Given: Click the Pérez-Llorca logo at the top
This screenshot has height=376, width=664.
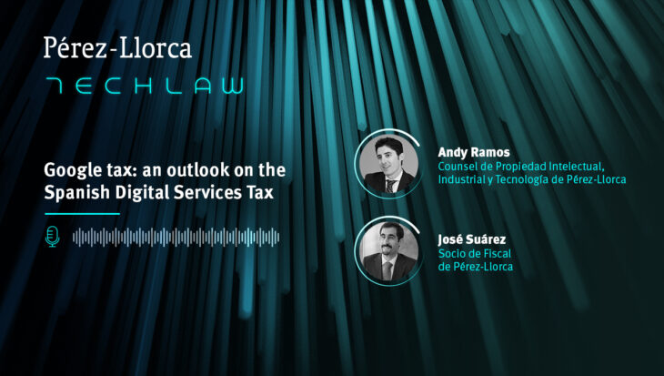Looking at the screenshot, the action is (x=117, y=48).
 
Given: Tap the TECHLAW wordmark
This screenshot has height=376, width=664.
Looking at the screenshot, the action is (x=145, y=86).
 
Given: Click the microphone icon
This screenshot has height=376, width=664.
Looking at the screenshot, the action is (x=52, y=237).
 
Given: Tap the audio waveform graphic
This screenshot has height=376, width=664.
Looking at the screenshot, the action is (x=176, y=237).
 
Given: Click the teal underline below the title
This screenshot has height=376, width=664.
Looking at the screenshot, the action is (x=82, y=214).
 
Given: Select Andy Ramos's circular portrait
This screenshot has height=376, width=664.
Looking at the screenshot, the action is (x=388, y=163).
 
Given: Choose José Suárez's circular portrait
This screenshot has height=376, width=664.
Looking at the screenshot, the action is (x=388, y=251).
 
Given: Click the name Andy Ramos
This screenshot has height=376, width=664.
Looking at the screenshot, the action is (x=474, y=152).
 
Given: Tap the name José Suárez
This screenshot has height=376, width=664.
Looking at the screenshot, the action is (x=472, y=239).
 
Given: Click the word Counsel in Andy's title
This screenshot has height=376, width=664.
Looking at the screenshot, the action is (x=459, y=167).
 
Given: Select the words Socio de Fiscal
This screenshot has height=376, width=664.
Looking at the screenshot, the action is (x=475, y=253).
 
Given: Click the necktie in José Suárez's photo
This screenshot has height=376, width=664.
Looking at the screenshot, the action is (x=387, y=270).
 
